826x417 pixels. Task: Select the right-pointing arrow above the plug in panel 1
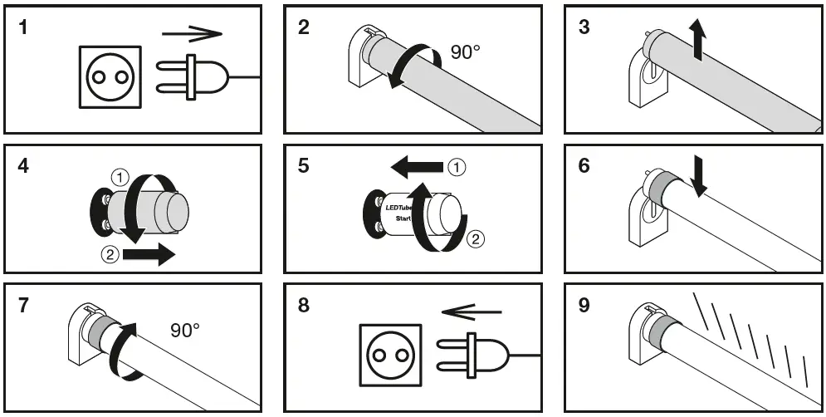coord(192,35)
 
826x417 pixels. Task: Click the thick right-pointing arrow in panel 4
coord(149,253)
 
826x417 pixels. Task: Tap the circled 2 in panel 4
coord(106,253)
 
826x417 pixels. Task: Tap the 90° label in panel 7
coord(185,330)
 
